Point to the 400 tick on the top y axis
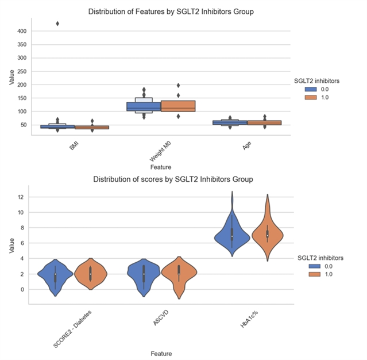(21, 31)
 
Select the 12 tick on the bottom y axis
(22, 197)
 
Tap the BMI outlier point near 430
(57, 24)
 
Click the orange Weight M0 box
(180, 106)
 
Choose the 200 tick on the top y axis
(21, 85)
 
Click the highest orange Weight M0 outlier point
(179, 86)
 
